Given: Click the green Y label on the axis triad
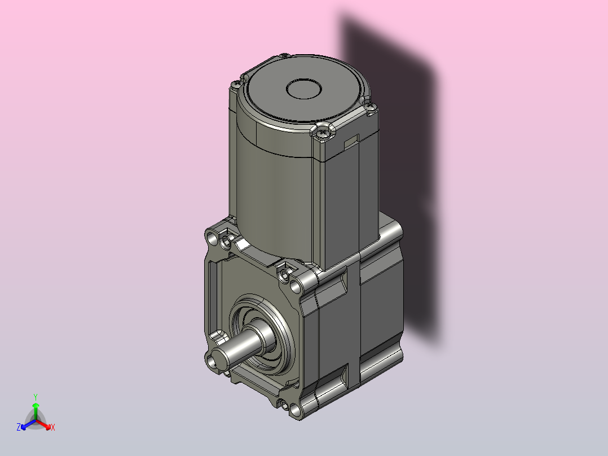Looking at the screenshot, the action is (x=36, y=397).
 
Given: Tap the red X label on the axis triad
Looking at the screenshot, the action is (x=53, y=427).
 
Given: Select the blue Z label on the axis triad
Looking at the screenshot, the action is (x=19, y=427).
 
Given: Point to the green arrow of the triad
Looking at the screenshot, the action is (x=36, y=411).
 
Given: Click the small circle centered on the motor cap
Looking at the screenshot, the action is (x=304, y=89).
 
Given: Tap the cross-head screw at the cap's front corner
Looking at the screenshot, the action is (x=322, y=133).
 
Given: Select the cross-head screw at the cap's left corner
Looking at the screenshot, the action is (x=235, y=84).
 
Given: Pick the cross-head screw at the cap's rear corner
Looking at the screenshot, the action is (x=284, y=56).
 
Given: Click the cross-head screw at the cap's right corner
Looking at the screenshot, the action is (x=372, y=106).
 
